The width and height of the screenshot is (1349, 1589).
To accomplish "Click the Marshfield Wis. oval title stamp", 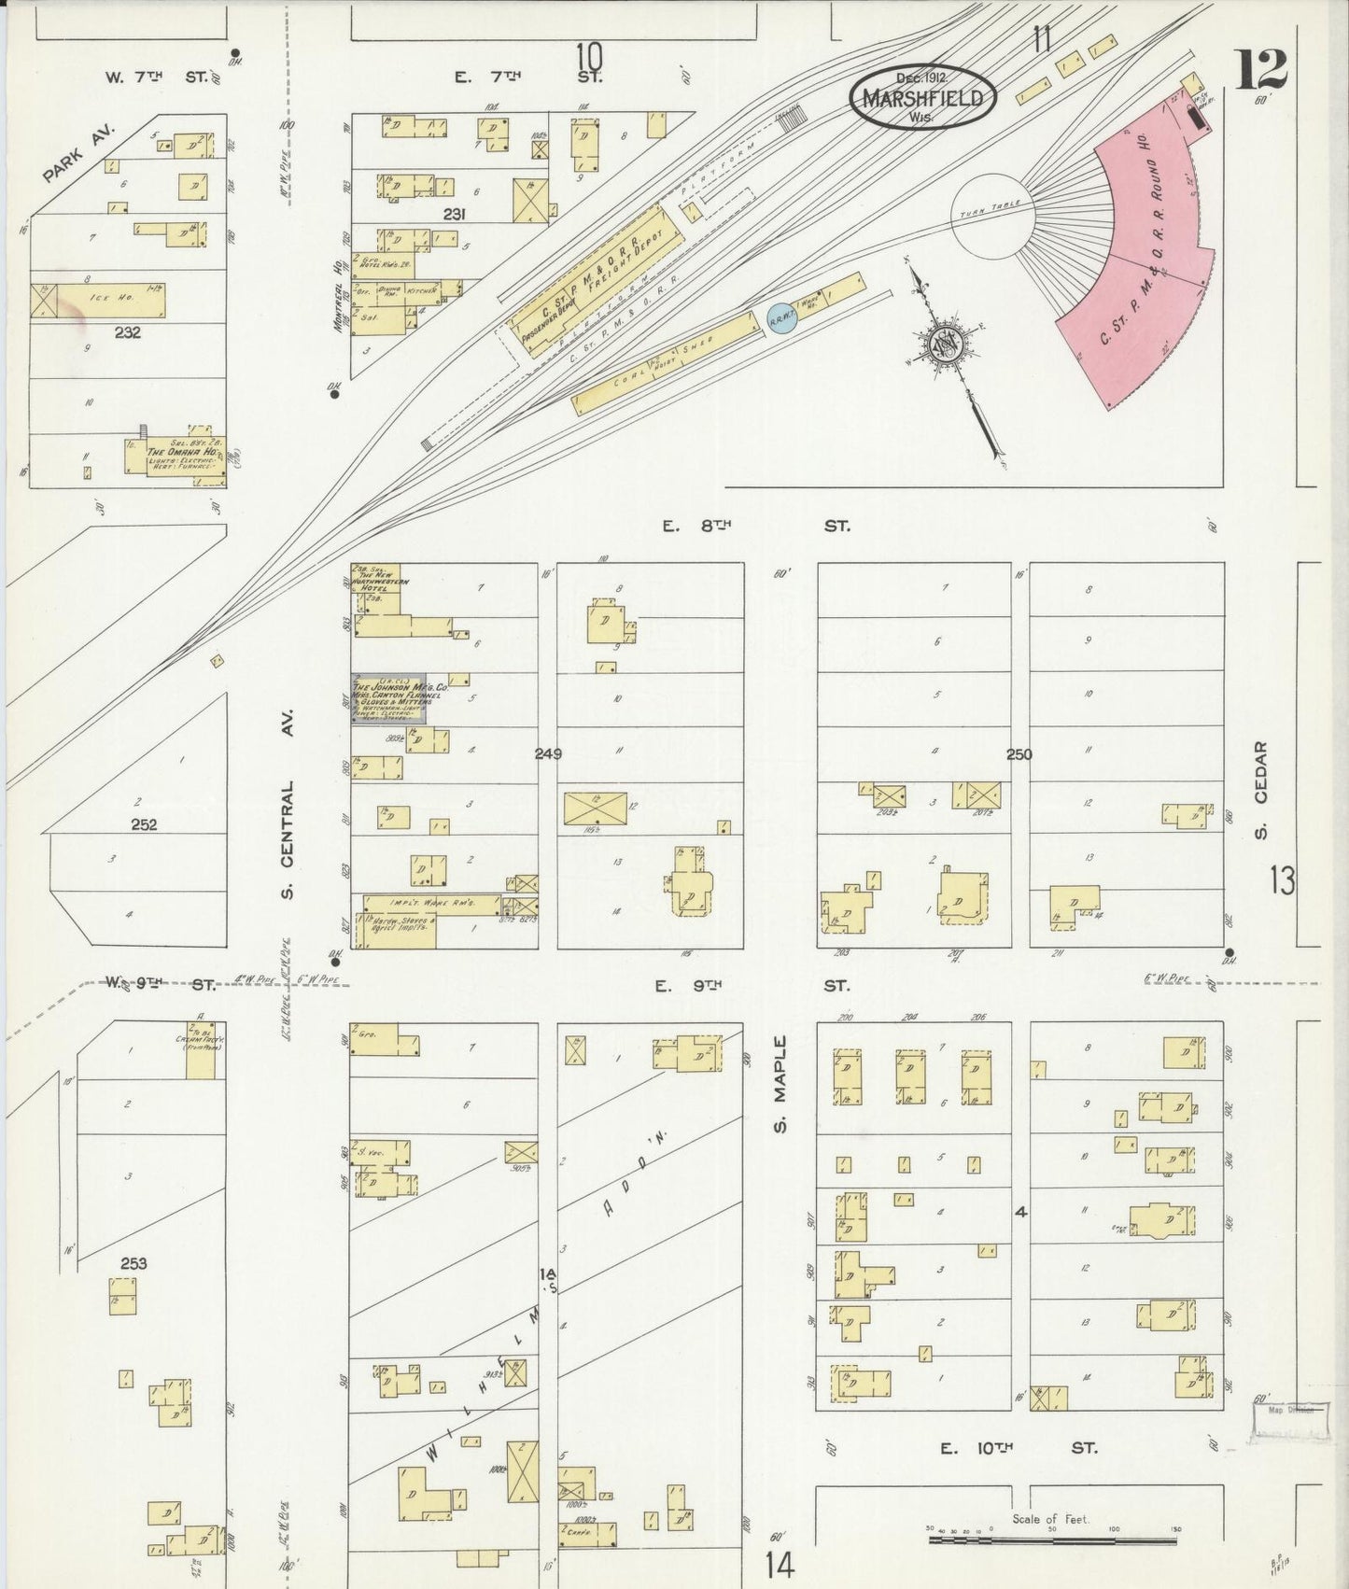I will point(922,97).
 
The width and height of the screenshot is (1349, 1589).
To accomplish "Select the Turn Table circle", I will point(993,217).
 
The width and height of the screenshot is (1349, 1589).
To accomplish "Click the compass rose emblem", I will point(949,346).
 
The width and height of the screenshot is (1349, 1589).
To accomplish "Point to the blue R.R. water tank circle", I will point(779,317).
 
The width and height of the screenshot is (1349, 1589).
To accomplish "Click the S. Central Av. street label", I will point(288,841).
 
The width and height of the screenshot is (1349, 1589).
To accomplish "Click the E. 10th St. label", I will point(1018,1448).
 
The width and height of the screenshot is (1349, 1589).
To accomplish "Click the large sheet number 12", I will point(1261,70).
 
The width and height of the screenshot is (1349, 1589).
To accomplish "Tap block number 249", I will point(548,753).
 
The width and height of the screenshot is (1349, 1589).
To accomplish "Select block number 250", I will point(1019,753).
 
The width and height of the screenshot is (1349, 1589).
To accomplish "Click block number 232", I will point(127,331).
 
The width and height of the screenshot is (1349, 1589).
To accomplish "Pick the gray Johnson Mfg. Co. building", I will point(388,698).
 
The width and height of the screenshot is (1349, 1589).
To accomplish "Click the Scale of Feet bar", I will point(1052,1539).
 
